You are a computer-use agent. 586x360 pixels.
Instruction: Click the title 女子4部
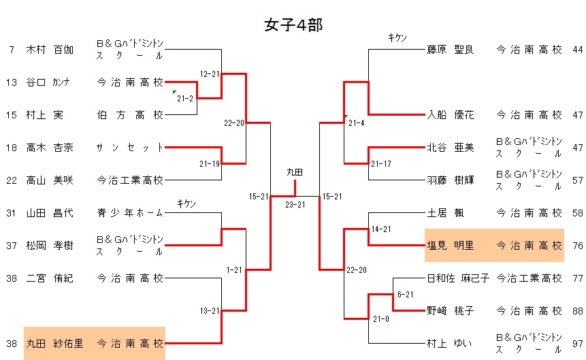293,25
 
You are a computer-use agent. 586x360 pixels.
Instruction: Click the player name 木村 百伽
50,50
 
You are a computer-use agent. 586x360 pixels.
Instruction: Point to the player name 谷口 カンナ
50,82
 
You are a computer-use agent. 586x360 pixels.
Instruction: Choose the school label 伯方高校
130,115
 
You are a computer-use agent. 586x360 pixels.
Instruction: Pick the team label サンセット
130,148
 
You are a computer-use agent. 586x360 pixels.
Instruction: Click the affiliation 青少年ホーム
130,213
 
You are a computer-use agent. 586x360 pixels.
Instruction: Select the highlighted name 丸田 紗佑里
54,344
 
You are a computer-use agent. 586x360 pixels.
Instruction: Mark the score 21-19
209,164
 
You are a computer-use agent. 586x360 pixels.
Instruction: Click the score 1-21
233,270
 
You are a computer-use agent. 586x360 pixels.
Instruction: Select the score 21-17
380,164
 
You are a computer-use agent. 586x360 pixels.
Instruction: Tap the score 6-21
405,295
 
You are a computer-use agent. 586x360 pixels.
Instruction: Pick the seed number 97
578,344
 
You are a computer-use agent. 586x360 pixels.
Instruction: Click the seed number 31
12,213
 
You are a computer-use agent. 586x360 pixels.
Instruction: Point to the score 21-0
380,319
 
